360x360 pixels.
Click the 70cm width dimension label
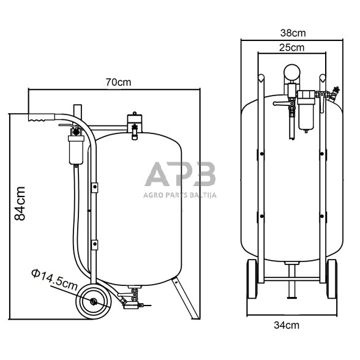click(x=118, y=82)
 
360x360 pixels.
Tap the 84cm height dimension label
click(x=20, y=203)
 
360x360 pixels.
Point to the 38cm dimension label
click(x=293, y=33)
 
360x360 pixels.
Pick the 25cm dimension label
click(x=291, y=48)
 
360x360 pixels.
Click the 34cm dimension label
click(x=287, y=325)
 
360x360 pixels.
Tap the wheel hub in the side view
click(x=93, y=301)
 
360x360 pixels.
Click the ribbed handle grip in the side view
click(x=42, y=117)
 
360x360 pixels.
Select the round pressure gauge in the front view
click(x=291, y=72)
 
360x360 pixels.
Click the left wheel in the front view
click(x=252, y=279)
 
